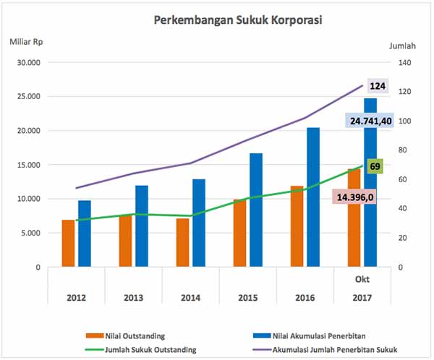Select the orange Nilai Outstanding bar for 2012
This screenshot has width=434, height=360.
point(68,243)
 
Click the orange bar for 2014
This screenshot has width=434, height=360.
point(183,242)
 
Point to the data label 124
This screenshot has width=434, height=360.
point(377,86)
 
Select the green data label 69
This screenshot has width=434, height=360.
point(375,166)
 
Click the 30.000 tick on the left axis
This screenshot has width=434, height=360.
point(29,62)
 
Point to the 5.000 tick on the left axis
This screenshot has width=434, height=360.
point(31,233)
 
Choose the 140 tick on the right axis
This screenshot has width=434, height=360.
point(403,62)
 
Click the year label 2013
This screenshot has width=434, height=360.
point(133,296)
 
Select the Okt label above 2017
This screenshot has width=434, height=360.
point(362,280)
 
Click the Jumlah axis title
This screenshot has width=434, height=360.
point(402,46)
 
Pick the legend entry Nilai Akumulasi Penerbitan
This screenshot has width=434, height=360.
point(320,335)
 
